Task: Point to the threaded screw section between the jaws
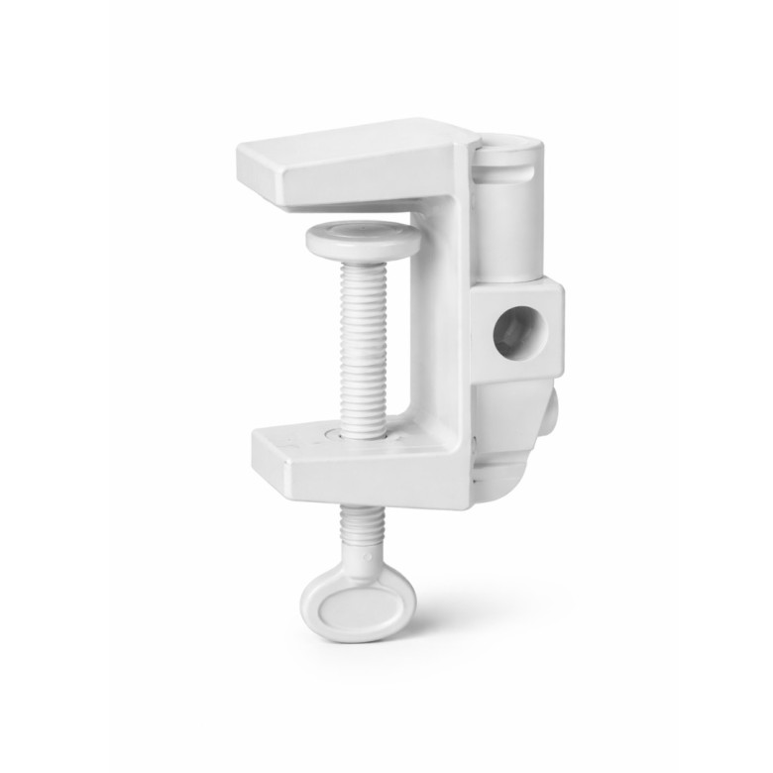(361, 337)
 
